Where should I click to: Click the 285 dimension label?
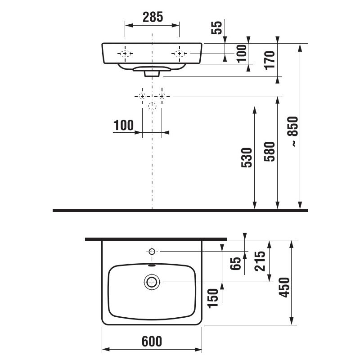click(x=153, y=17)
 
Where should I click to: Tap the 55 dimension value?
click(x=217, y=27)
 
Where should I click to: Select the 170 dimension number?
click(x=269, y=60)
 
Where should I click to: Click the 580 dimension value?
click(x=269, y=152)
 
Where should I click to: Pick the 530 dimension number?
click(x=247, y=157)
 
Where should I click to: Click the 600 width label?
click(x=152, y=341)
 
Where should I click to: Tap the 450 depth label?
click(x=284, y=287)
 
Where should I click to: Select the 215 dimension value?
click(x=260, y=261)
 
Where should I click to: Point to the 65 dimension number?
click(x=235, y=263)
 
